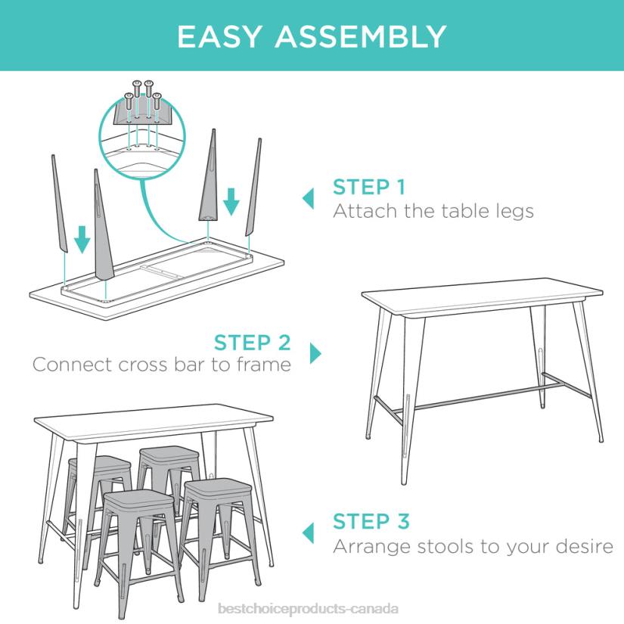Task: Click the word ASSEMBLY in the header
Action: (361, 36)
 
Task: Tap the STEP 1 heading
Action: (369, 187)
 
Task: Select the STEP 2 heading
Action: (252, 342)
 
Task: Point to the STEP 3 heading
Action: (371, 521)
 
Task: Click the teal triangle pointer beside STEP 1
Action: (308, 199)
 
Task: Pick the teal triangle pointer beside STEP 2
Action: (315, 353)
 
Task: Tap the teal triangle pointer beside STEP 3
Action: (308, 532)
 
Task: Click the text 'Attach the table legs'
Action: (433, 210)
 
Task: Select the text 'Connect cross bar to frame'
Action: (162, 365)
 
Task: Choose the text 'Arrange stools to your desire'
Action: (473, 545)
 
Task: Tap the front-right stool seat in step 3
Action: (217, 487)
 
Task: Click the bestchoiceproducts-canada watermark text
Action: (307, 609)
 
